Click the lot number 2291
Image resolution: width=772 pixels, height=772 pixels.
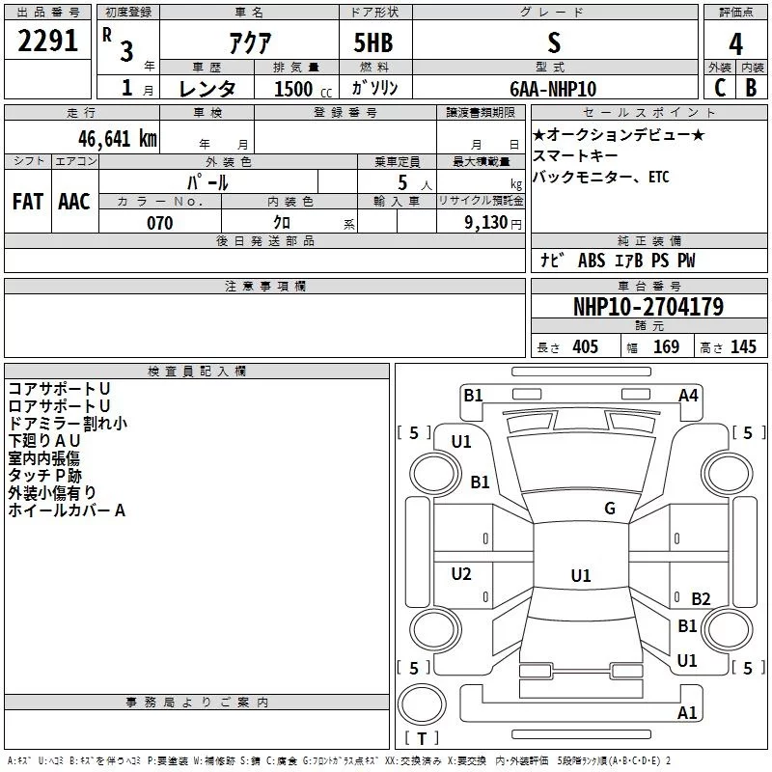(47, 41)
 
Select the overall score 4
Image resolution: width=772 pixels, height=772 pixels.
(735, 44)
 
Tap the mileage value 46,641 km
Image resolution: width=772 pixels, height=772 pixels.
(117, 139)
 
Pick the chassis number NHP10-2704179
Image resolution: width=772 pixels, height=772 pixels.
(648, 307)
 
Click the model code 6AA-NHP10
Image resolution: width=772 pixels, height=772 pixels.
(553, 89)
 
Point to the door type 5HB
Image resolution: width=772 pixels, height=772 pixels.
(373, 42)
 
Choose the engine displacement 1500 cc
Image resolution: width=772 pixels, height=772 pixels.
(303, 89)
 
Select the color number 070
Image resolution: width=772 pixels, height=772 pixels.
(160, 223)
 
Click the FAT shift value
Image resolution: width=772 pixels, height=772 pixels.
(28, 202)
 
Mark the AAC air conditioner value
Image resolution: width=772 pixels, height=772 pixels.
(74, 202)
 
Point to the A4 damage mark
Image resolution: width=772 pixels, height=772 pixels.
(688, 396)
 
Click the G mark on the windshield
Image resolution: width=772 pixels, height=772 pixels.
(610, 508)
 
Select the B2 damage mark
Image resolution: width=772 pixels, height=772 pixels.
(701, 598)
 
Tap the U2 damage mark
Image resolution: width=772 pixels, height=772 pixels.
(461, 573)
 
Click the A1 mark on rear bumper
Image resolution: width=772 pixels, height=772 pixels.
(687, 712)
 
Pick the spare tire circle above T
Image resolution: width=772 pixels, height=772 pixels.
(422, 704)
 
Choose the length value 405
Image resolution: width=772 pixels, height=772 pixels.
(586, 346)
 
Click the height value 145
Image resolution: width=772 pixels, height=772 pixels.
(743, 346)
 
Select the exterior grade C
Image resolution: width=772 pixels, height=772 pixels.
(720, 88)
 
